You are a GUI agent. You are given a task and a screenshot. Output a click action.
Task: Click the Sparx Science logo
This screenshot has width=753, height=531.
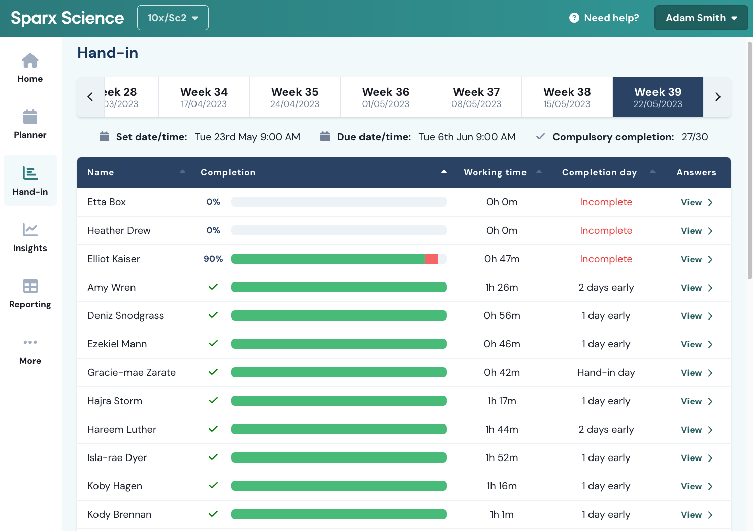(x=67, y=18)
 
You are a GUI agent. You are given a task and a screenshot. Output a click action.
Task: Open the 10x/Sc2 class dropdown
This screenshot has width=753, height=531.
(x=173, y=18)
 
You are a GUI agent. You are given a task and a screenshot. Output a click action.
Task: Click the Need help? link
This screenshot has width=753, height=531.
(x=604, y=18)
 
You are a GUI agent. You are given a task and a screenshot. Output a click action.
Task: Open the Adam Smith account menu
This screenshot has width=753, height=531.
(x=701, y=18)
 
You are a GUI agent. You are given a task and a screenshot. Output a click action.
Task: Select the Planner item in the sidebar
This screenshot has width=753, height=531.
(x=30, y=124)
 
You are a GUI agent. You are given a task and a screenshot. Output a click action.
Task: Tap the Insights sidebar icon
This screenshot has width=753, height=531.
(x=30, y=230)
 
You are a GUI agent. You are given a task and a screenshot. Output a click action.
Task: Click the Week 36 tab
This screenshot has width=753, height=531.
(x=385, y=97)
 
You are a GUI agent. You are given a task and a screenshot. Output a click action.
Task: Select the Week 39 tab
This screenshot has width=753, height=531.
(x=658, y=97)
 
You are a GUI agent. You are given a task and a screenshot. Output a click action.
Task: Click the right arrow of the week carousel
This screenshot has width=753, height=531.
(x=717, y=97)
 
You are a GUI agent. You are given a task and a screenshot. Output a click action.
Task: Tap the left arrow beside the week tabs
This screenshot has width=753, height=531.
(x=90, y=97)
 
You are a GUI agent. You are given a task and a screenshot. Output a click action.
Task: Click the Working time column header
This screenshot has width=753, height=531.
(x=495, y=172)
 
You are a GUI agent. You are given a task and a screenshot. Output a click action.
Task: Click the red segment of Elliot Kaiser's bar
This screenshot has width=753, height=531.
(x=432, y=259)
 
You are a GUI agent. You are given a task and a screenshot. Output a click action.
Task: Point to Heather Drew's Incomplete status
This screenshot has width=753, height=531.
(x=606, y=230)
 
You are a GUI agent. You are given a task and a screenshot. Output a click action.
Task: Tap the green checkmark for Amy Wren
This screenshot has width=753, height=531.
(x=213, y=287)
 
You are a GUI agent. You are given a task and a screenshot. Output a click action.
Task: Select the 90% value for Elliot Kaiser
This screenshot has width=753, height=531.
(x=213, y=259)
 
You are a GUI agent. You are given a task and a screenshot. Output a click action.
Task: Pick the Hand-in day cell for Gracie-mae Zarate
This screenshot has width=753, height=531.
(x=606, y=372)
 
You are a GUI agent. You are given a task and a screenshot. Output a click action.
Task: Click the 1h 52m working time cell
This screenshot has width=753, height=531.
(x=502, y=457)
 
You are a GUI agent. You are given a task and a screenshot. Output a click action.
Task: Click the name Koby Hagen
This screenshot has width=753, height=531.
(x=115, y=486)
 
